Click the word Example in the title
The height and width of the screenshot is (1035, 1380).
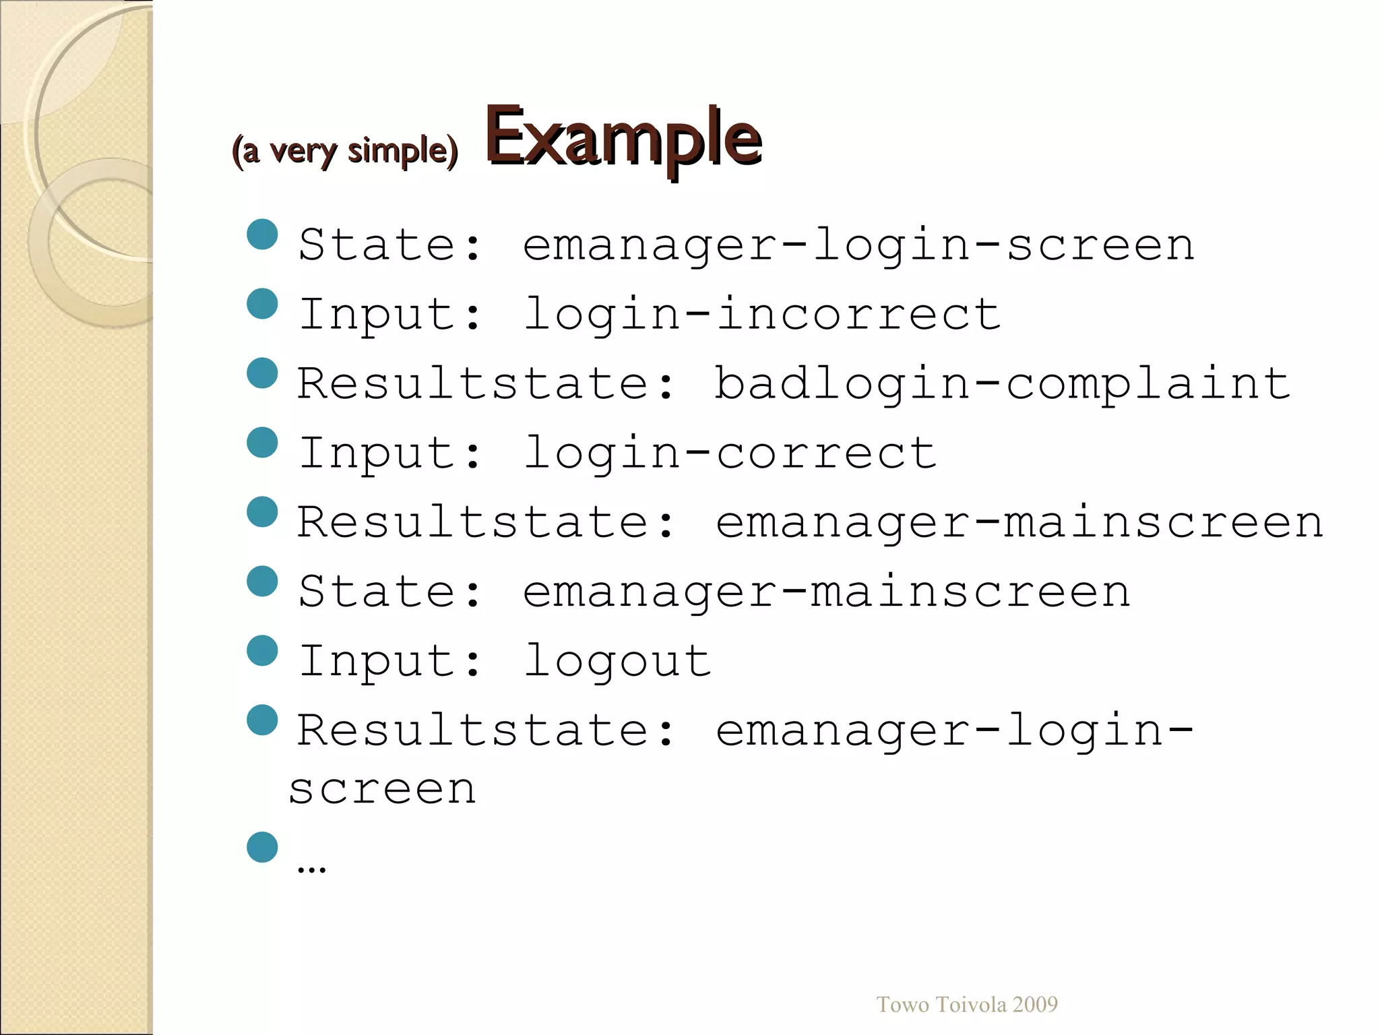coord(623,138)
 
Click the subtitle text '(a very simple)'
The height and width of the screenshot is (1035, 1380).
coord(344,151)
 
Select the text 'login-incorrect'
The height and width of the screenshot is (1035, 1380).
coord(762,314)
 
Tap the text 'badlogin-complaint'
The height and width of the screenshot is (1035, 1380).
coord(1002,383)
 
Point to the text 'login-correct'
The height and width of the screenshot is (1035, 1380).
coord(730,453)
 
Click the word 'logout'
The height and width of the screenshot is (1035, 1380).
coord(617,661)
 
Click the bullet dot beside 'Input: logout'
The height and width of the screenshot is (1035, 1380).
coord(262,651)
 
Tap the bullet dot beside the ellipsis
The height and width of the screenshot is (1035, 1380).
coord(262,847)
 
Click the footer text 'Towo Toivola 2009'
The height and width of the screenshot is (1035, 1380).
coord(966,1005)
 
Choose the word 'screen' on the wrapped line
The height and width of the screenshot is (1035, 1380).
coord(383,788)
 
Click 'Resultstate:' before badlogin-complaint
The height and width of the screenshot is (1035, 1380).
coord(486,383)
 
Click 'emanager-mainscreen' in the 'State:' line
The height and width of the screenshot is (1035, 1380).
coord(826,592)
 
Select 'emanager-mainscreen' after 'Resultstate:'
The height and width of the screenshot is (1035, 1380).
coord(1019,522)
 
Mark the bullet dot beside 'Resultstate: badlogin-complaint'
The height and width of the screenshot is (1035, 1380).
coord(262,373)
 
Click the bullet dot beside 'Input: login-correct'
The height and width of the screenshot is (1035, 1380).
coord(262,443)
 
